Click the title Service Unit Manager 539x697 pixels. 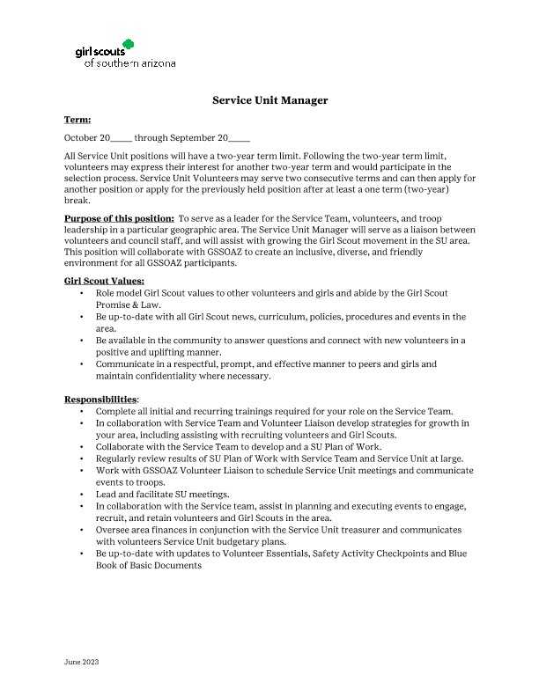coord(269,100)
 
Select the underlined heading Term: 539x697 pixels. coord(78,119)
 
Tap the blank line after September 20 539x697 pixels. coord(240,138)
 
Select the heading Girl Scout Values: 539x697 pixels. coord(104,281)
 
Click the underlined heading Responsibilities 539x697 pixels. coord(100,399)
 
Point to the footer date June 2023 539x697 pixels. coord(82,661)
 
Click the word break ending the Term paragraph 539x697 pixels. coord(78,200)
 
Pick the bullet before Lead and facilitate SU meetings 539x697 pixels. coord(82,495)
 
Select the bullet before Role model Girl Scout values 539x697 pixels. coord(82,292)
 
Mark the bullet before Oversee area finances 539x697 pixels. coord(82,531)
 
